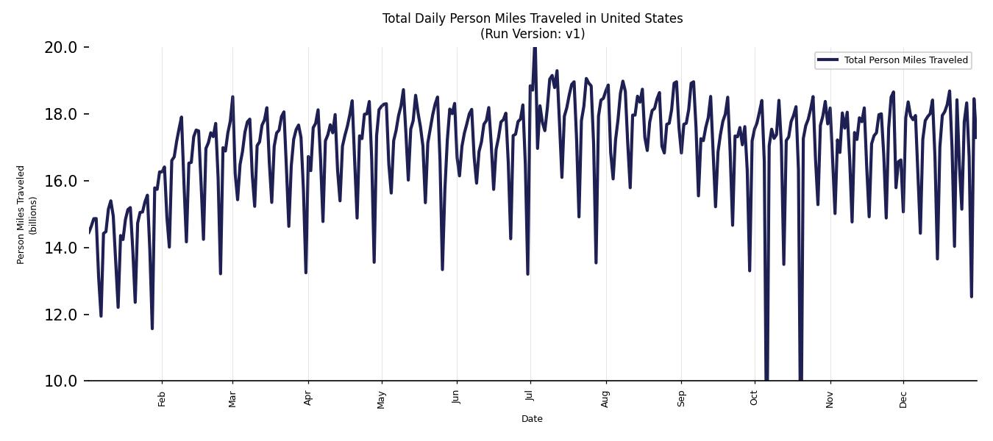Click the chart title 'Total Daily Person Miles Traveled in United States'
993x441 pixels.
pos(533,18)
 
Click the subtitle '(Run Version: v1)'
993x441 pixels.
pos(533,34)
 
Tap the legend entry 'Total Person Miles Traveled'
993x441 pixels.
pos(905,60)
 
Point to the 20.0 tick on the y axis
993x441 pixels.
pos(60,47)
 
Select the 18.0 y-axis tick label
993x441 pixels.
pos(60,114)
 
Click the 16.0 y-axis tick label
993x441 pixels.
pos(60,181)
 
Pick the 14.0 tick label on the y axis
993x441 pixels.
pos(60,248)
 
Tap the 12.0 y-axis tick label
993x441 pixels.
pos(60,315)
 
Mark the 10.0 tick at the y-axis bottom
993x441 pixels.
pos(60,381)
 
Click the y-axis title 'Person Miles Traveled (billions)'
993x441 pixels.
pos(27,215)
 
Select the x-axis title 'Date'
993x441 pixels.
pos(532,419)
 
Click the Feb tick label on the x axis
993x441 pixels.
pos(163,398)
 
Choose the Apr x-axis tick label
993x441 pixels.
pos(308,398)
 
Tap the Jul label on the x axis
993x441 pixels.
pos(530,398)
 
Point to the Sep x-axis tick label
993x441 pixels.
pos(682,398)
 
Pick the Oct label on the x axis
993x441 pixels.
pos(755,398)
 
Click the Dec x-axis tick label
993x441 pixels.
pos(903,398)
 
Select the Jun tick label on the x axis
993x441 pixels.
pos(457,398)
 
